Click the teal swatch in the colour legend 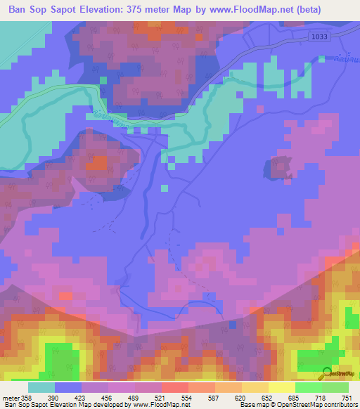pyautogui.click(x=41, y=387)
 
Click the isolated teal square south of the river pyautogui.click(x=164, y=188)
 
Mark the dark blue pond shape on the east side pyautogui.click(x=279, y=169)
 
